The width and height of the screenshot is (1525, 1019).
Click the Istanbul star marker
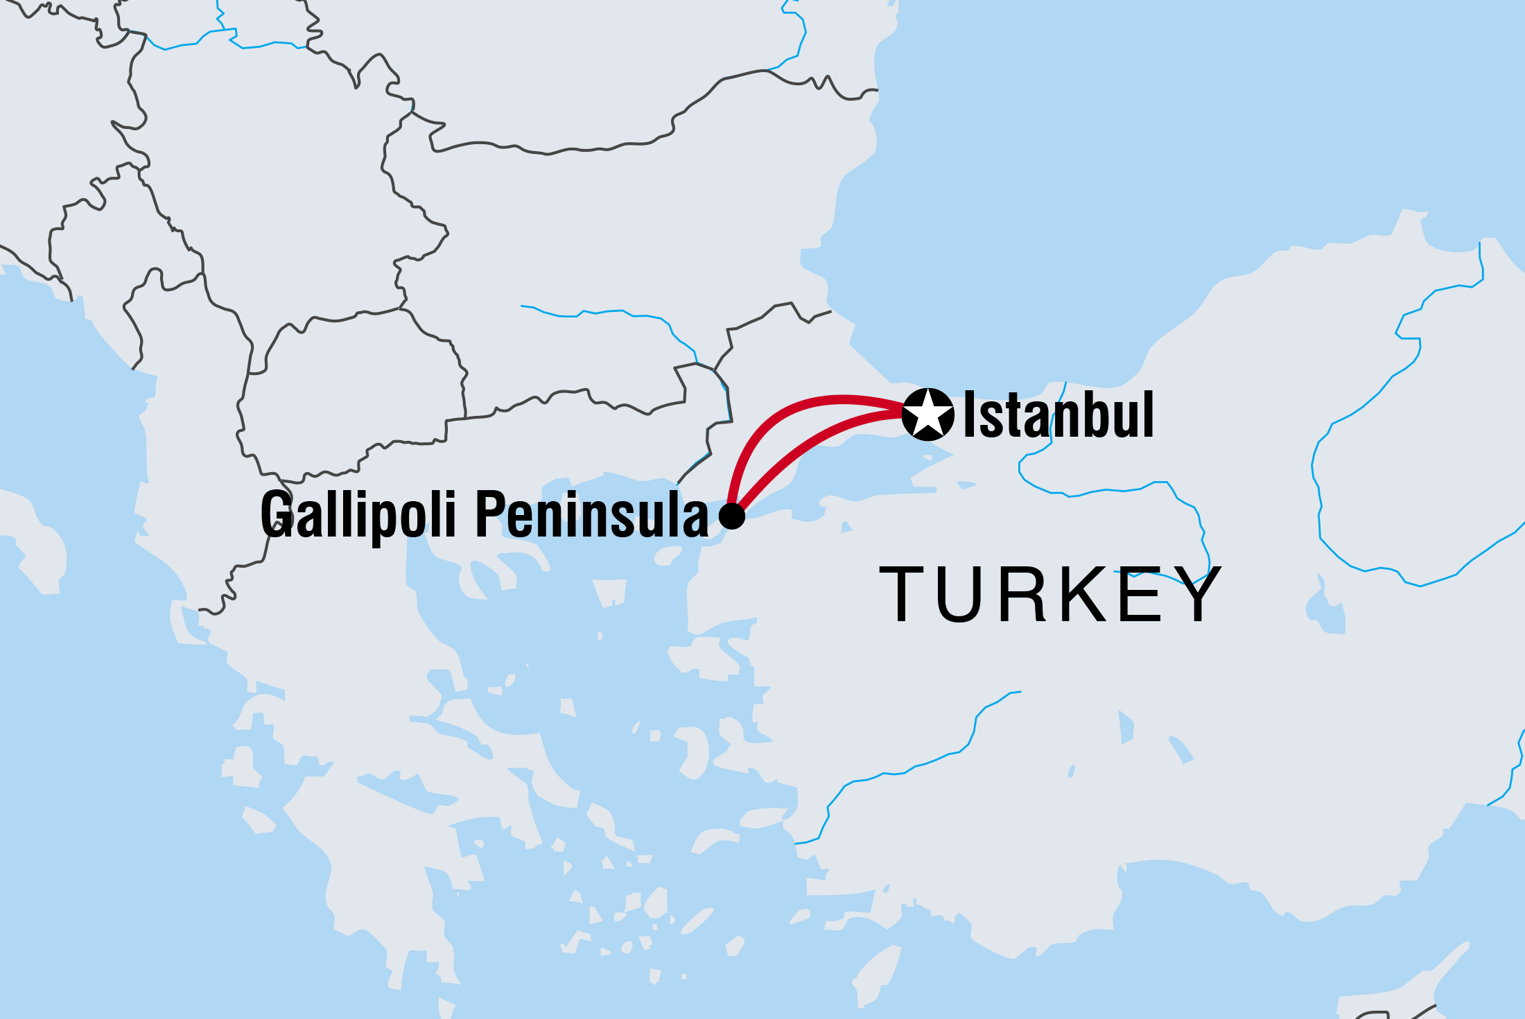pyautogui.click(x=928, y=415)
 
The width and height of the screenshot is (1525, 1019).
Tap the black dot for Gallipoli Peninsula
pyautogui.click(x=732, y=516)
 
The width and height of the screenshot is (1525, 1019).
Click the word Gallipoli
pyautogui.click(x=358, y=514)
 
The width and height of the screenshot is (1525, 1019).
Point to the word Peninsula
pyautogui.click(x=592, y=514)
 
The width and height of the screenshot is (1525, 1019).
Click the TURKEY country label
pyautogui.click(x=1049, y=595)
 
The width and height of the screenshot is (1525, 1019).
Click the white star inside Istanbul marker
pyautogui.click(x=928, y=415)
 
